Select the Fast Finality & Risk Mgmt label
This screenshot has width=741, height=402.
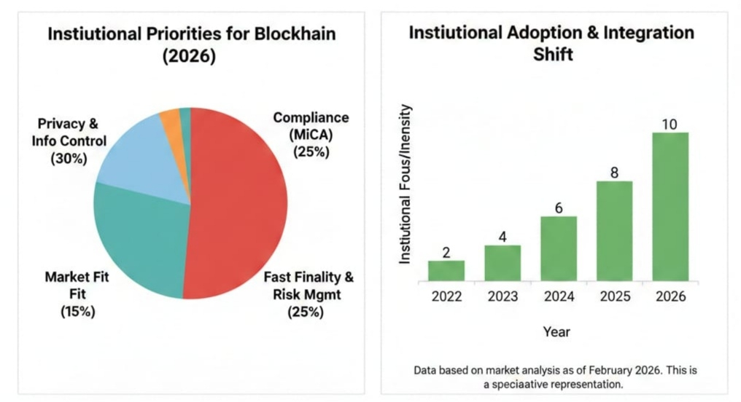click(x=309, y=295)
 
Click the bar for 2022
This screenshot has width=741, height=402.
click(x=446, y=270)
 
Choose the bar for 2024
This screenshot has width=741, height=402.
click(x=558, y=248)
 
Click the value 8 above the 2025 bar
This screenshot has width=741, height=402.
click(x=613, y=172)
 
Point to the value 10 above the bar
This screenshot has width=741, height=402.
click(x=670, y=124)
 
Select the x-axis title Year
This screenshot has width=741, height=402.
click(x=557, y=332)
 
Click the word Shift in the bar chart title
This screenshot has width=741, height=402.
click(x=551, y=55)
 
